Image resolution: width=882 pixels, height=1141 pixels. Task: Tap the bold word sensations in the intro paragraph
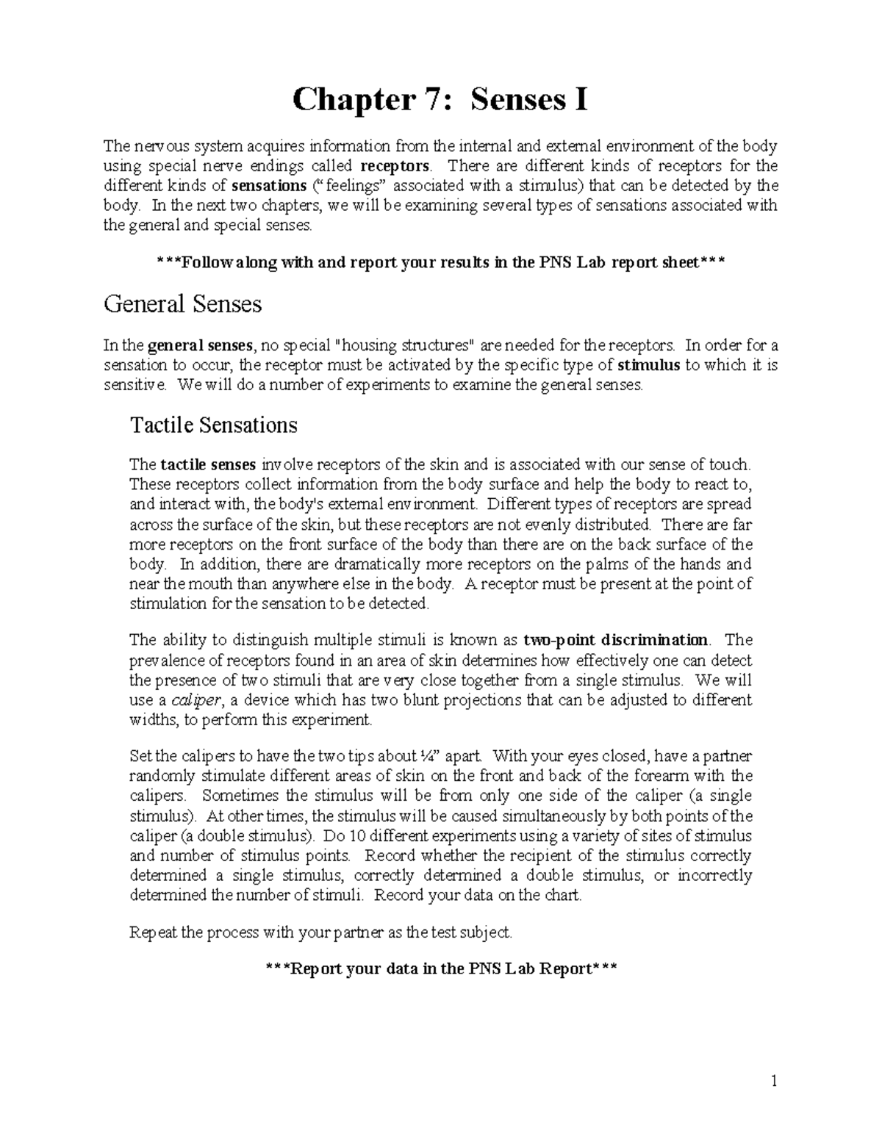[268, 185]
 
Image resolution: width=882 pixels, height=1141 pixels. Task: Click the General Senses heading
[182, 303]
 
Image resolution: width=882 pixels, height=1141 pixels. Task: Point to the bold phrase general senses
[200, 345]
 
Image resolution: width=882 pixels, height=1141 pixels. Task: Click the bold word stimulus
[649, 365]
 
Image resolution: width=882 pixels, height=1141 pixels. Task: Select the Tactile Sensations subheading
[213, 425]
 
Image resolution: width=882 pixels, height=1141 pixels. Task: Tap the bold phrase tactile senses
[208, 464]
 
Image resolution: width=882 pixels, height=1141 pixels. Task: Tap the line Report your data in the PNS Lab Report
[440, 969]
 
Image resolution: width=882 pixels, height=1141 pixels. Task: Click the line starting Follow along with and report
[440, 263]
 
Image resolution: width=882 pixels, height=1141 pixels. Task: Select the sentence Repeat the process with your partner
[320, 932]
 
